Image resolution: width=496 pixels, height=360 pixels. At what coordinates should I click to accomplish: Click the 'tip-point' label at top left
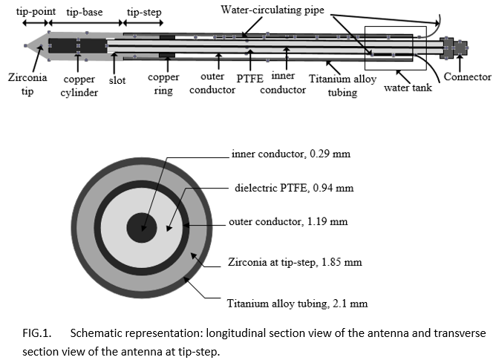[23, 13]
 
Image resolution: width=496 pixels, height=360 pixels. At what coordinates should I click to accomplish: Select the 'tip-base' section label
[83, 13]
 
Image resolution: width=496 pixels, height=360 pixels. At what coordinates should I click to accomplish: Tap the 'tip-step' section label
[144, 13]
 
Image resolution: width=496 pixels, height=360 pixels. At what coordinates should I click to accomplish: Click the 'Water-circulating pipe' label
[273, 10]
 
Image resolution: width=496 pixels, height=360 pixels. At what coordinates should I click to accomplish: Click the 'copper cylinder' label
[79, 85]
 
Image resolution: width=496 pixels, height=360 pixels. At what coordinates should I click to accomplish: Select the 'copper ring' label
[163, 83]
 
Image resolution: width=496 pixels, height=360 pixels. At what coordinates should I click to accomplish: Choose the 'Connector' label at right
[467, 76]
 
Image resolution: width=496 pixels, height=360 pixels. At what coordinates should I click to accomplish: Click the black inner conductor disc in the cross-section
[140, 226]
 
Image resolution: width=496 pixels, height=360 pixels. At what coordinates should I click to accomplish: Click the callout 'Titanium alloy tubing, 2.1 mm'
[297, 302]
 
